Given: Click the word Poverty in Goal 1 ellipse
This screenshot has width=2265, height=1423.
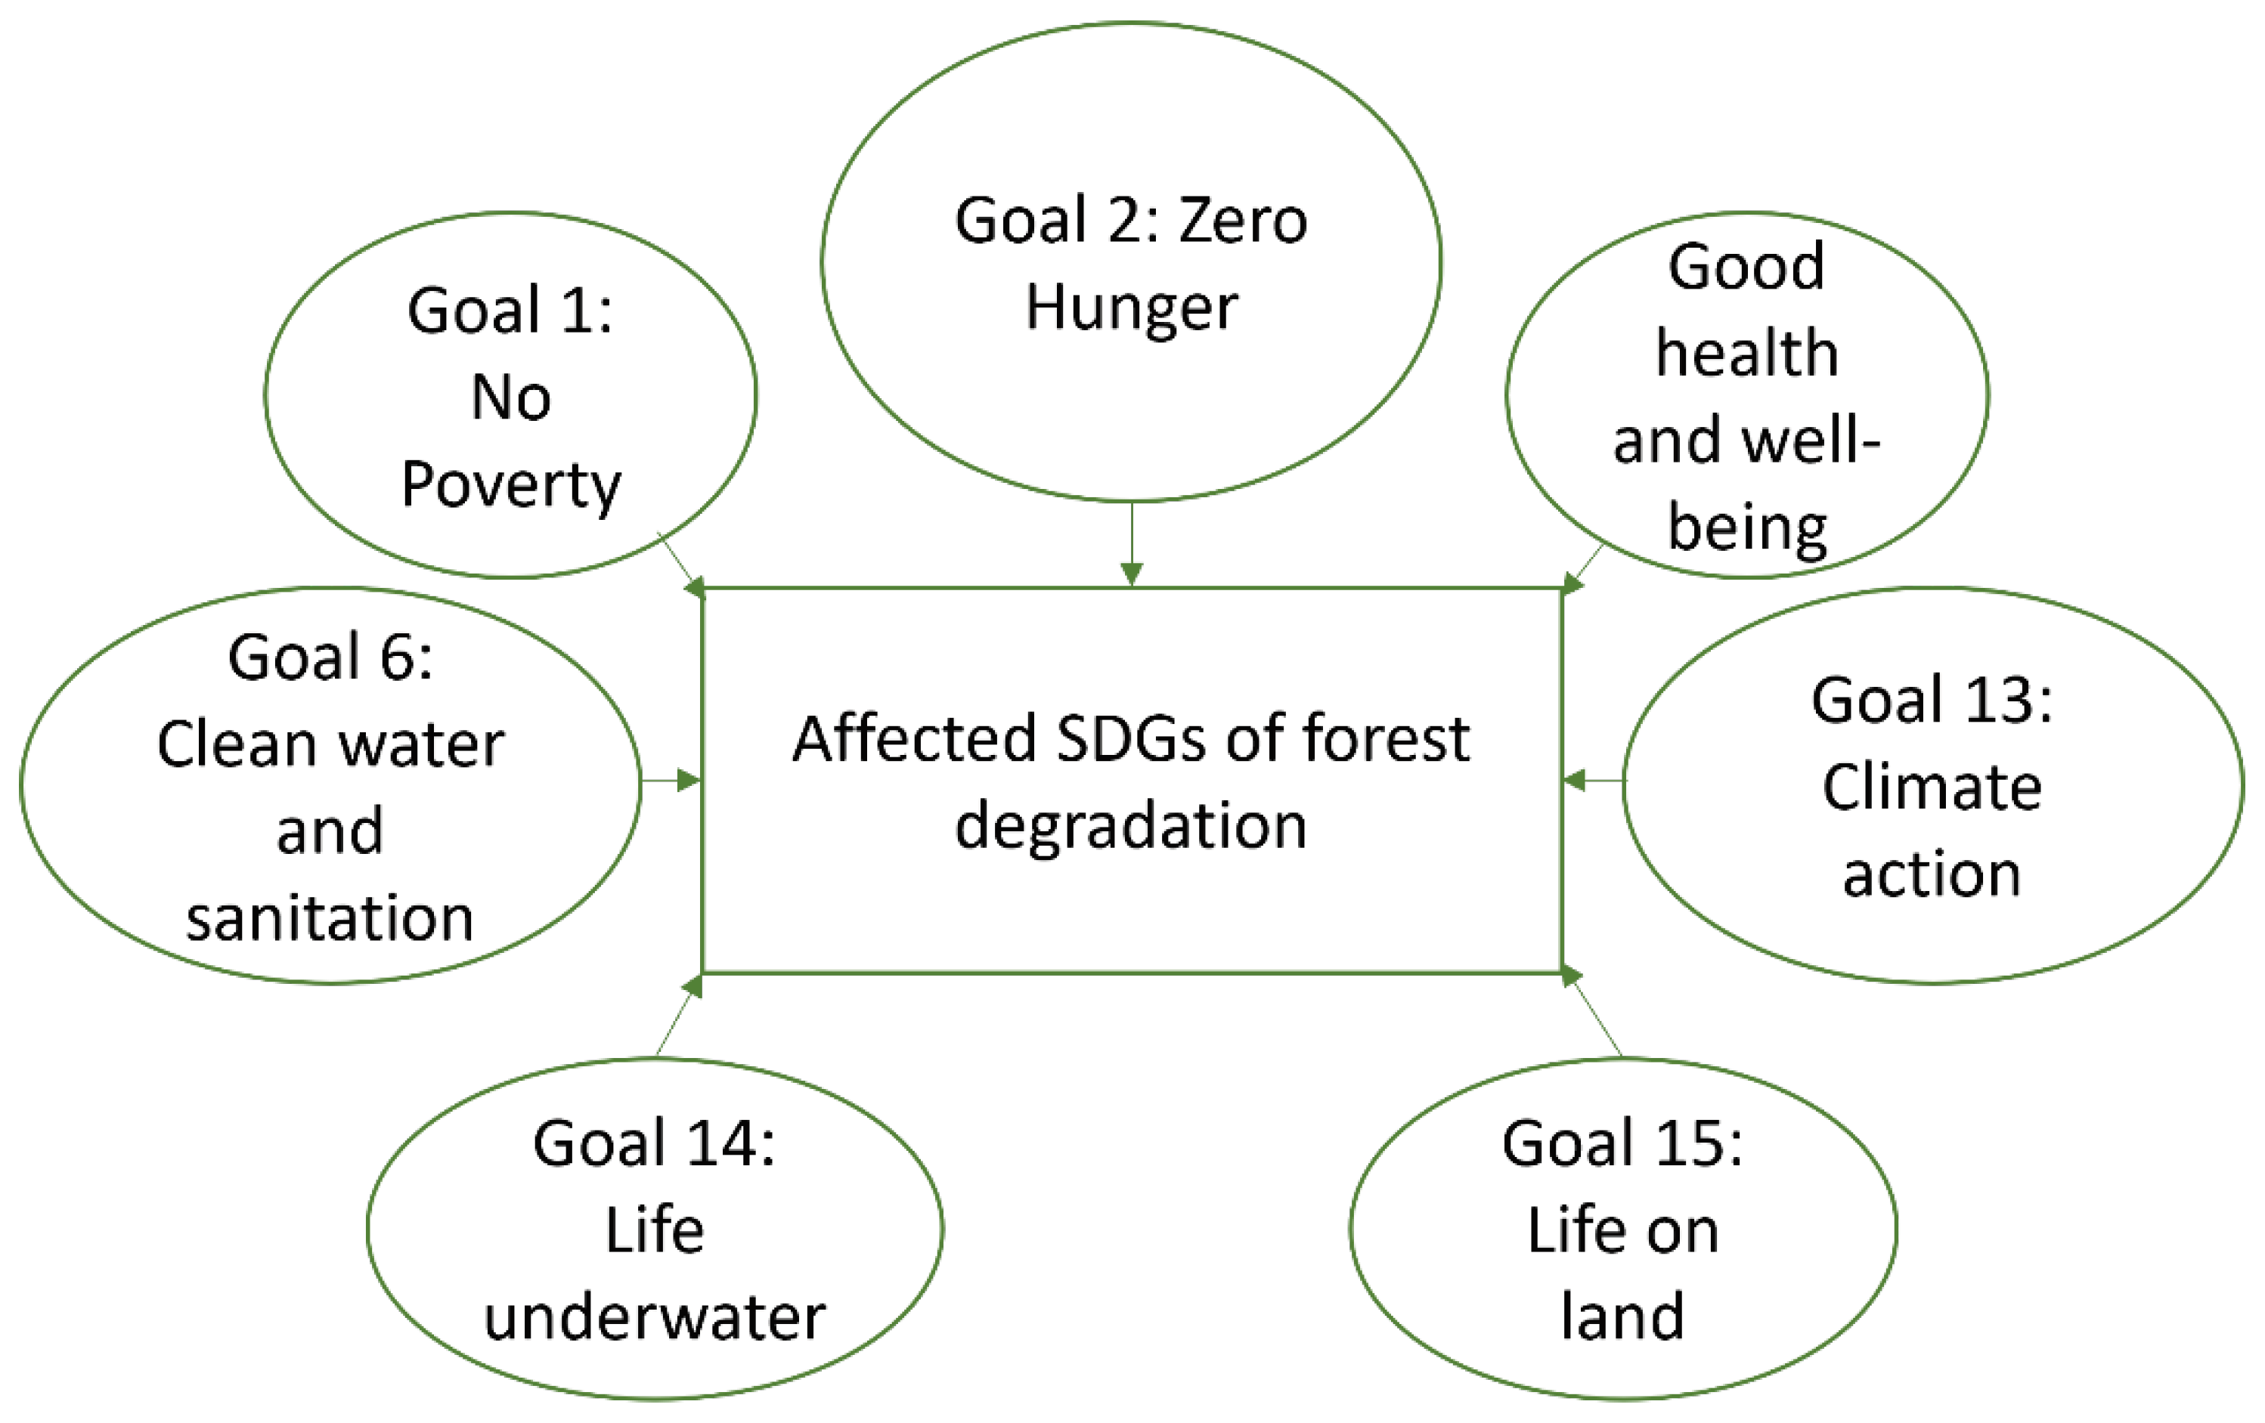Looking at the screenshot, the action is pos(511,484).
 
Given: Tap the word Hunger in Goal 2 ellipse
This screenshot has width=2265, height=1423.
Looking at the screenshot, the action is pos(1132,308).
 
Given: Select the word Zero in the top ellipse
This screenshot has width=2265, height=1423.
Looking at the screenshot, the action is pos(1243,221).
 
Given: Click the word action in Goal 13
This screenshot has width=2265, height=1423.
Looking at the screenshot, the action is pos(1932,874).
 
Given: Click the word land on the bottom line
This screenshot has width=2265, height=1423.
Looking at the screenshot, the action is pos(1622,1316).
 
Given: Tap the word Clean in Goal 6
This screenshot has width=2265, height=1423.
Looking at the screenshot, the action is pos(237,745).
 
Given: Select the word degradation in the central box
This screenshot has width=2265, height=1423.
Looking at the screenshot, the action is pos(1131,826).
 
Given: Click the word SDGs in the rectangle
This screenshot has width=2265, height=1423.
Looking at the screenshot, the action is pos(1132,739).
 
